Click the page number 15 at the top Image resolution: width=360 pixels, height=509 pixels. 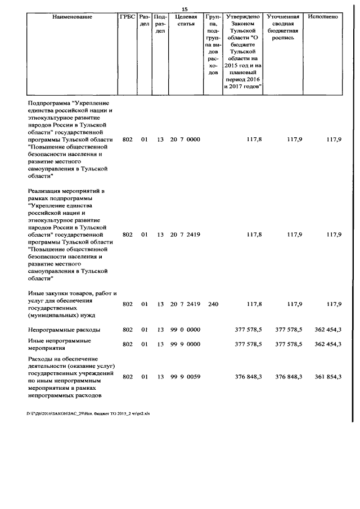coord(183,8)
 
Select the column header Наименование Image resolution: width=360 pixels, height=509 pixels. coord(72,17)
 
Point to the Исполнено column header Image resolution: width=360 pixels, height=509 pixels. coord(323,17)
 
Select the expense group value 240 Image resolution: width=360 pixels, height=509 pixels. coord(213,304)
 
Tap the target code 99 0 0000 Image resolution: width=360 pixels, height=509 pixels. coord(185,330)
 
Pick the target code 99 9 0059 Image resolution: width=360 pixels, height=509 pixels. coord(185,377)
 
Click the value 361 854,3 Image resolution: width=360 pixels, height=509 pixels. coord(327,377)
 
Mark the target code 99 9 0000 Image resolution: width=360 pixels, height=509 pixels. coord(185,344)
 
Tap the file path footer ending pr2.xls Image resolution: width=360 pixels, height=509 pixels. coord(88,412)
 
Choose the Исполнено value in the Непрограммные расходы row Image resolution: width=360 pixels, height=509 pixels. coord(327,330)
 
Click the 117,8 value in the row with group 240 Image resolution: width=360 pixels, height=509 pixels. coord(254,304)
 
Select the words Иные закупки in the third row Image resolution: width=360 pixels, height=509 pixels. coord(47,293)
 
